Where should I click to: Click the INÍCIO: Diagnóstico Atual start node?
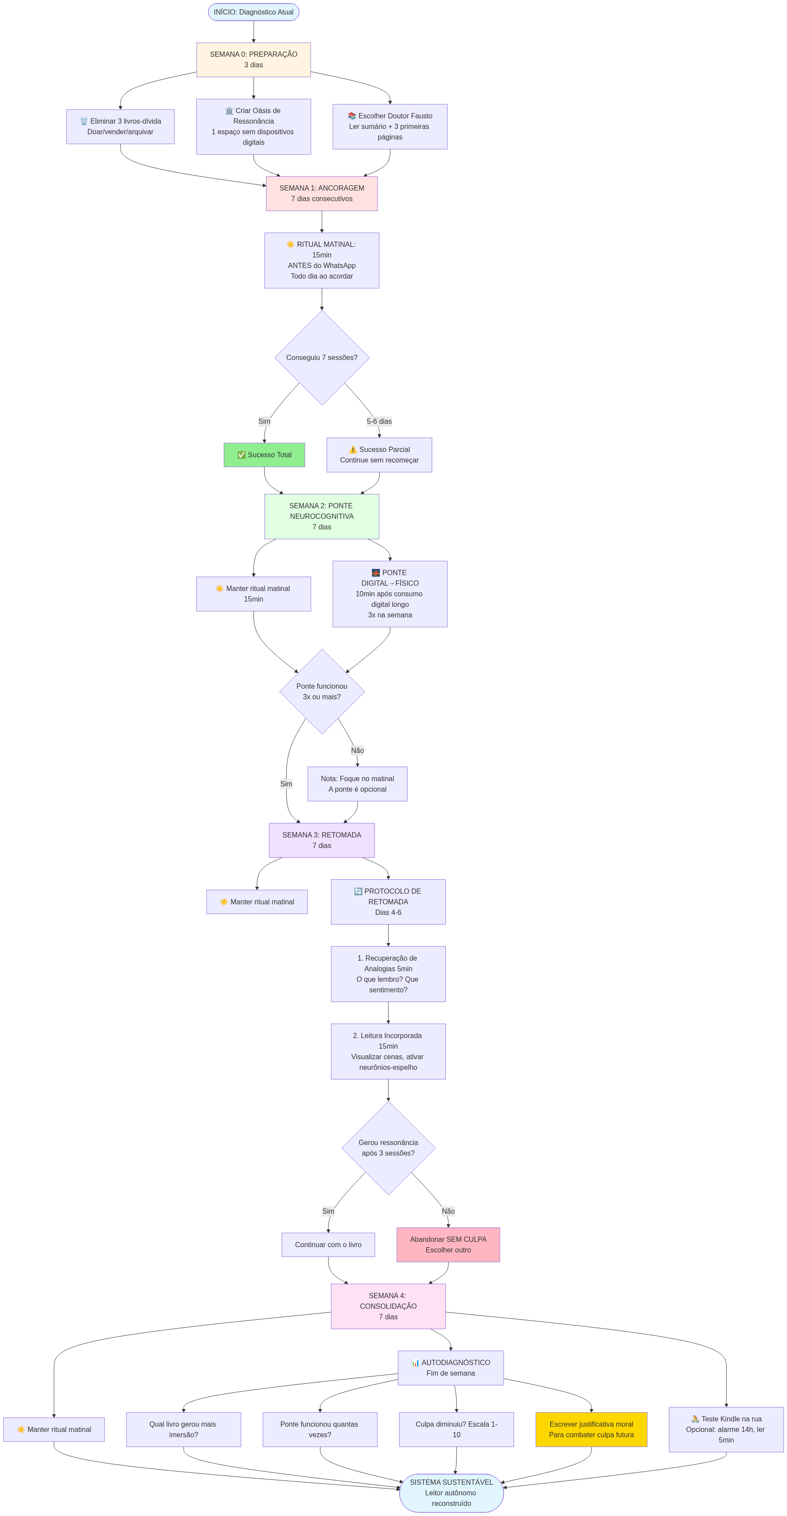click(253, 12)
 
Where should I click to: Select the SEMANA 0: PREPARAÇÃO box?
click(253, 59)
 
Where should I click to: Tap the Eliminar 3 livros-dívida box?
click(120, 127)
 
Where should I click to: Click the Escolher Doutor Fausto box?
click(390, 127)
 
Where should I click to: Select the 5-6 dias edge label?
click(379, 422)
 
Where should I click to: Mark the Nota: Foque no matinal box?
click(357, 784)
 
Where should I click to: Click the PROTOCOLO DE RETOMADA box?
click(388, 902)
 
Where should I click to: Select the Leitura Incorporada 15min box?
click(388, 1051)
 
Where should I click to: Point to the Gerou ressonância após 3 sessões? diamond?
click(388, 1148)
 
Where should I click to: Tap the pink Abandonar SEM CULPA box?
click(448, 1244)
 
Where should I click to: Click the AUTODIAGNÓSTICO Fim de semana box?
click(450, 1368)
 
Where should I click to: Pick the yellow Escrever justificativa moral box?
click(591, 1429)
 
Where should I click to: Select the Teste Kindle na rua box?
click(726, 1429)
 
